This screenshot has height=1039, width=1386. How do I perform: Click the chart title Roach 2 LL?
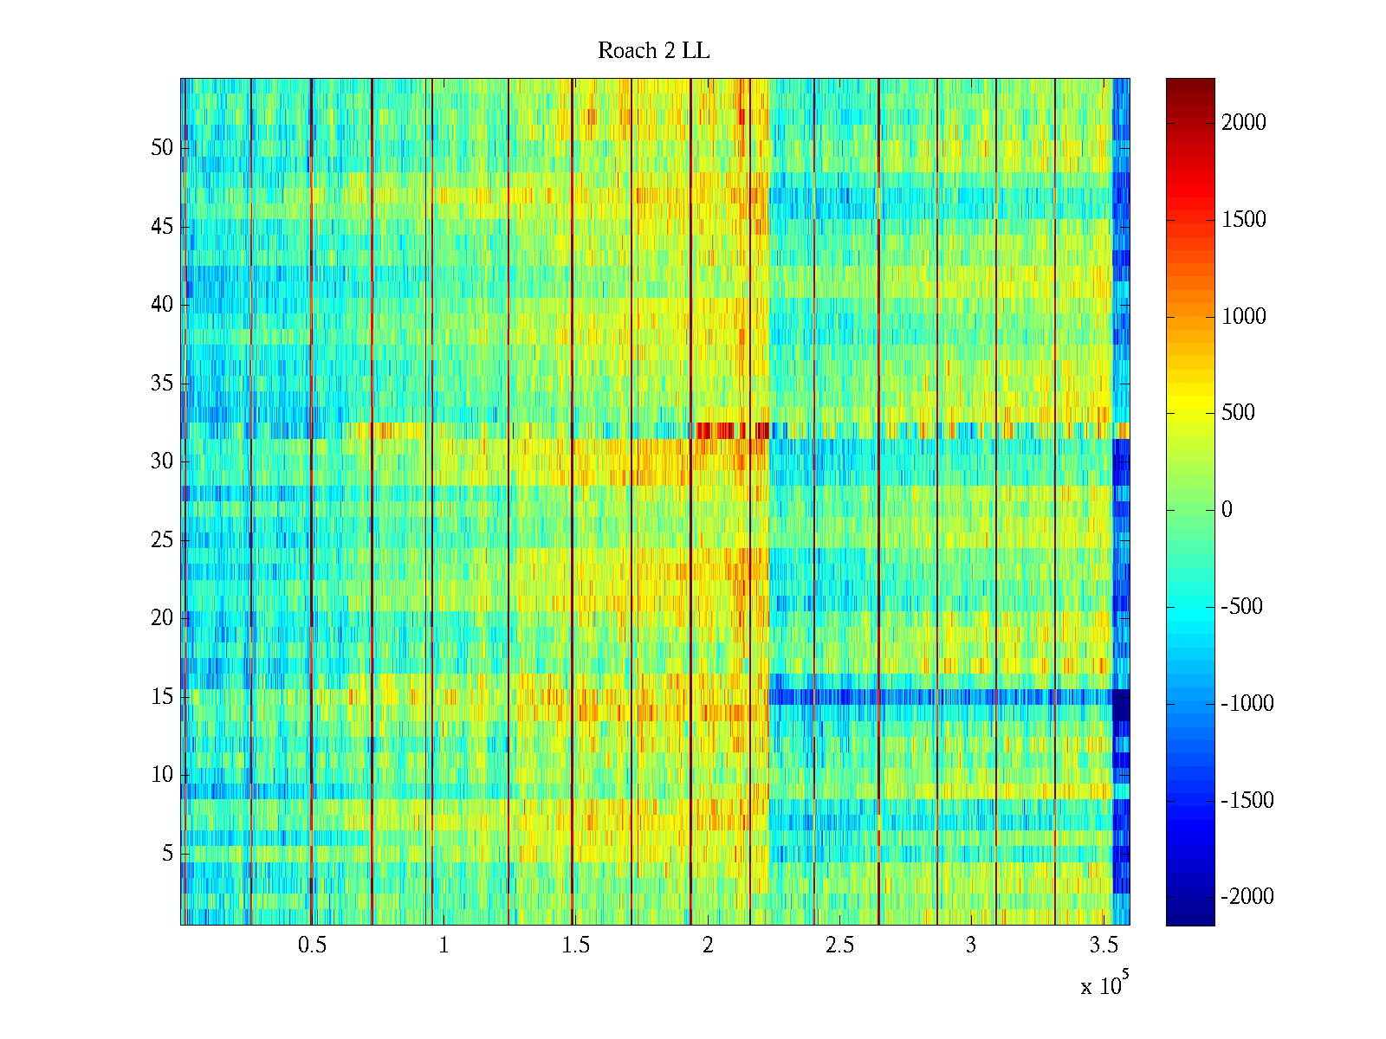point(653,51)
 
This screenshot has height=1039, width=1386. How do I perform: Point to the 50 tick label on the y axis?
point(162,148)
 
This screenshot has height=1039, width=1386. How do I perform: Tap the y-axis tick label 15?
point(162,697)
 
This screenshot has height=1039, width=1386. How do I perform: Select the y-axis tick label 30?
point(162,461)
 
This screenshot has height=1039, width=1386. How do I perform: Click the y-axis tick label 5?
point(167,854)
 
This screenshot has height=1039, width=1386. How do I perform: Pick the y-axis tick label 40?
point(162,305)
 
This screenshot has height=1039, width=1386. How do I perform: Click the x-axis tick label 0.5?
point(312,945)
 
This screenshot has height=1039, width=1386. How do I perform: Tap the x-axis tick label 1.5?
point(575,945)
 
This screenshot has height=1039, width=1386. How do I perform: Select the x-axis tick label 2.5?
point(839,945)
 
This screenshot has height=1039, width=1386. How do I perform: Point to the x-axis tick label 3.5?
point(1103,945)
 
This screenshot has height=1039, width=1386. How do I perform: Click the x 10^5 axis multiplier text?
point(1104,985)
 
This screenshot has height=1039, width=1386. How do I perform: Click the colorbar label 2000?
point(1244,123)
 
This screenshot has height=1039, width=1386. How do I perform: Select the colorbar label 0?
point(1227,510)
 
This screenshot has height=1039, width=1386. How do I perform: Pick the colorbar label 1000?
point(1244,317)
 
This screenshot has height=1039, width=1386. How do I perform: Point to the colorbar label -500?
point(1242,607)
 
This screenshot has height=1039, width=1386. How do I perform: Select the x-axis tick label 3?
point(971,945)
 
